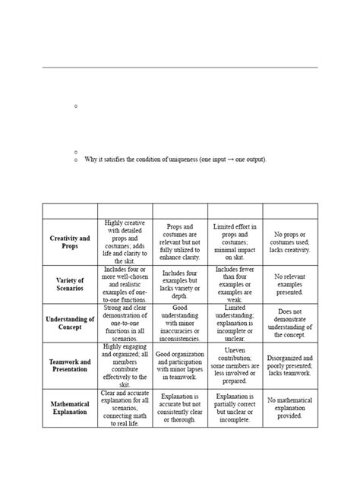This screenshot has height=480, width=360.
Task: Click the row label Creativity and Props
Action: pyautogui.click(x=70, y=242)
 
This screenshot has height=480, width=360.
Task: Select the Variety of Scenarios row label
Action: pyautogui.click(x=70, y=284)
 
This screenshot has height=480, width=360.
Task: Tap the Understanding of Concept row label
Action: pyautogui.click(x=70, y=323)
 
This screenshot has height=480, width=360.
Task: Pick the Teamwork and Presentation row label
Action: pyautogui.click(x=70, y=365)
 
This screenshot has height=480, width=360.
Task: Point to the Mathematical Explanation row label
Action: pyautogui.click(x=70, y=408)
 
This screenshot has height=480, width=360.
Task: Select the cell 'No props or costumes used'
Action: pyautogui.click(x=290, y=242)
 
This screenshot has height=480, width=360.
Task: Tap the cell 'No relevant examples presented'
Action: pyautogui.click(x=290, y=284)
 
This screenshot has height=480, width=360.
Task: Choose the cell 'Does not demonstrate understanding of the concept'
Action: pyautogui.click(x=290, y=323)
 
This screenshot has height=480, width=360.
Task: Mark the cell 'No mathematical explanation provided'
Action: pyautogui.click(x=290, y=408)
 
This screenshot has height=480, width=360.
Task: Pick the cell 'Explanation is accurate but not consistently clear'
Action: pyautogui.click(x=180, y=408)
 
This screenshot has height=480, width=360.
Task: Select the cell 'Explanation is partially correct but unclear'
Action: pyautogui.click(x=235, y=408)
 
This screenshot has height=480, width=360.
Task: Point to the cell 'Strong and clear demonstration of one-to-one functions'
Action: pyautogui.click(x=125, y=323)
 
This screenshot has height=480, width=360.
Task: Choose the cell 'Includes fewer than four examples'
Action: pyautogui.click(x=235, y=283)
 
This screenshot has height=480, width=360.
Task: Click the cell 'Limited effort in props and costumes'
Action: pyautogui.click(x=235, y=242)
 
